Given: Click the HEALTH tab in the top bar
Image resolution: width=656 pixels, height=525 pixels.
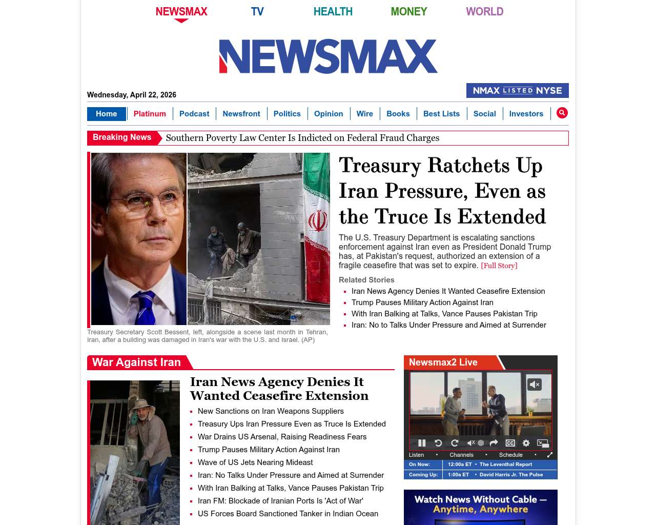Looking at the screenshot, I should [333, 12].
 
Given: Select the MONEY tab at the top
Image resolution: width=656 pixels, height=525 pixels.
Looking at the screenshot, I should [408, 12].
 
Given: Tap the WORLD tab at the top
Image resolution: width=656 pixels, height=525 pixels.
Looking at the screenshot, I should [484, 12].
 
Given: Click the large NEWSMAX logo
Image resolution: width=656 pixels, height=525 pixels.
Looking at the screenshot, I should [328, 56].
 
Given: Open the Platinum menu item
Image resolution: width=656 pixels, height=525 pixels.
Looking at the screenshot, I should [150, 114].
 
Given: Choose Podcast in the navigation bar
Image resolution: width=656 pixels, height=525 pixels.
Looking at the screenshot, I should [194, 114].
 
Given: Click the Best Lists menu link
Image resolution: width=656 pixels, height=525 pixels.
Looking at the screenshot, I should [441, 114].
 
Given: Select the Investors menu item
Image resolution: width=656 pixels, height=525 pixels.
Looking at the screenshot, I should [526, 114].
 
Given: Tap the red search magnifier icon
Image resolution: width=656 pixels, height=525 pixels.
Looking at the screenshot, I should [562, 113].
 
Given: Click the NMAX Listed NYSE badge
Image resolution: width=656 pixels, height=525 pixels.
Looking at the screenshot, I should [517, 91].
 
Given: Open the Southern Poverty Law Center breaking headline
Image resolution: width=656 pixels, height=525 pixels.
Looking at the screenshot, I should [302, 138].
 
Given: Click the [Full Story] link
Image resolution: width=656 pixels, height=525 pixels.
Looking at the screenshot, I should [499, 266].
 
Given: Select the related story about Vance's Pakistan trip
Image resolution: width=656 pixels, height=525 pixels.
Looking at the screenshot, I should [444, 314].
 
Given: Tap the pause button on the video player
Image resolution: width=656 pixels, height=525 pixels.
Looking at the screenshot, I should [422, 443].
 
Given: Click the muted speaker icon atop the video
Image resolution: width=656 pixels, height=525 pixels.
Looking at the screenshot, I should [535, 385].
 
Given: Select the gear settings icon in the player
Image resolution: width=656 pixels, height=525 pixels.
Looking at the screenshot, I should [526, 443].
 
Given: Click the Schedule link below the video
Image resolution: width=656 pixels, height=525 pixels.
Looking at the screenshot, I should [510, 455].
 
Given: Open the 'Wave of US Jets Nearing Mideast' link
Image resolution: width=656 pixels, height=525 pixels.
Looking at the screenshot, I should [255, 462].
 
